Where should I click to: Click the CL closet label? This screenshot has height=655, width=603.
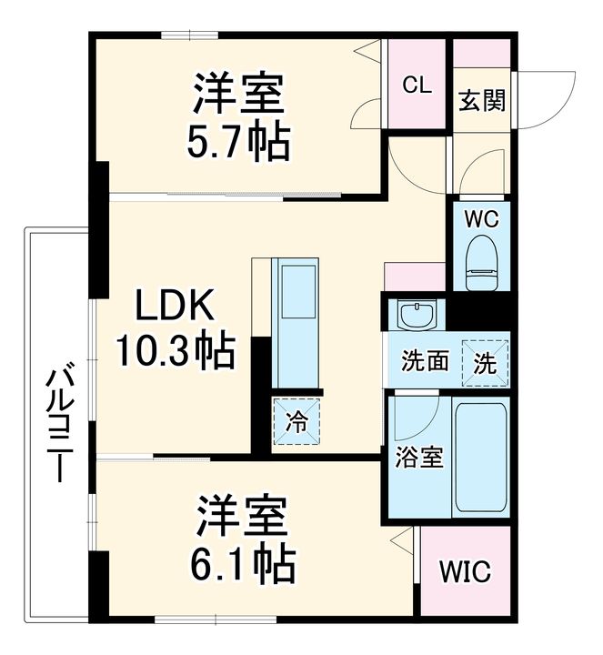417,86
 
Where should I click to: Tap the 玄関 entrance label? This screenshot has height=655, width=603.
481,100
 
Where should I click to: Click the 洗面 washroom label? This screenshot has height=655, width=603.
426,362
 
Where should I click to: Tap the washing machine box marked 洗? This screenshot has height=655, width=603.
485,361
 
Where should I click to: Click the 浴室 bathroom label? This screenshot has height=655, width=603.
418,458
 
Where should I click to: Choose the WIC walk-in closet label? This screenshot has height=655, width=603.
465,572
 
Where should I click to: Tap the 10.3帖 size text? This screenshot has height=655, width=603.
175,349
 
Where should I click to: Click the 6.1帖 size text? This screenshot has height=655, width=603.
243,564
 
